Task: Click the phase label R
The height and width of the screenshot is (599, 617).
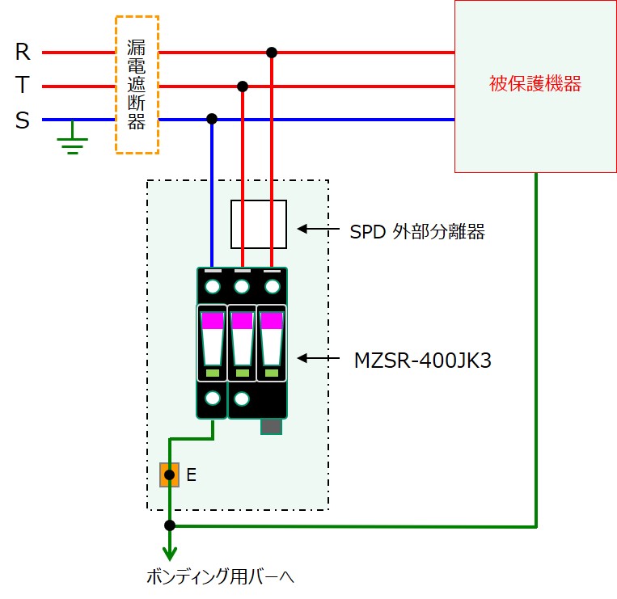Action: [x=23, y=52]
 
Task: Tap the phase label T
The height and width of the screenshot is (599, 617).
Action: [x=23, y=85]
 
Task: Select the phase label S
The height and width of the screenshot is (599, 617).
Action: [x=23, y=120]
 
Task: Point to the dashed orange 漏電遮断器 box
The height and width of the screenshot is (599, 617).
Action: [x=116, y=85]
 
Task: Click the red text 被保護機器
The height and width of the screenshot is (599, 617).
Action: [x=535, y=84]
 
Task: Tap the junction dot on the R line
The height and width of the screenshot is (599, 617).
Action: [x=272, y=53]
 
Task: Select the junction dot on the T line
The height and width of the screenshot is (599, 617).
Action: [x=243, y=86]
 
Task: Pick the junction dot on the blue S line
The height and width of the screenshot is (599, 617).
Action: [x=212, y=119]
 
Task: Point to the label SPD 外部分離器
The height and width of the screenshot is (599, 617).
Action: [x=417, y=232]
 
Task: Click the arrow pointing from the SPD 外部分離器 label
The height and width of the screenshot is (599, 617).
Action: [x=318, y=229]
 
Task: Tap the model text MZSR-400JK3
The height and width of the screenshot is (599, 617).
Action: [x=423, y=361]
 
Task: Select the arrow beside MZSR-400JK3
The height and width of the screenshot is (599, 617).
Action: [x=318, y=358]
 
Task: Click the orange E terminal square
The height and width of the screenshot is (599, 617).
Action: [x=170, y=475]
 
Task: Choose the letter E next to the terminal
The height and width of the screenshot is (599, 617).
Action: [x=191, y=475]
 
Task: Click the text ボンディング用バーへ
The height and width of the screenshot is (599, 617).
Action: [x=220, y=576]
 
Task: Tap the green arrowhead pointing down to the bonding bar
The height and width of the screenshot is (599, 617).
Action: [x=170, y=554]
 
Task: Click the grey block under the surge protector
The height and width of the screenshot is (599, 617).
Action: [x=271, y=426]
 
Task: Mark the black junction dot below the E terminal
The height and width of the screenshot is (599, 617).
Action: [x=170, y=525]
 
